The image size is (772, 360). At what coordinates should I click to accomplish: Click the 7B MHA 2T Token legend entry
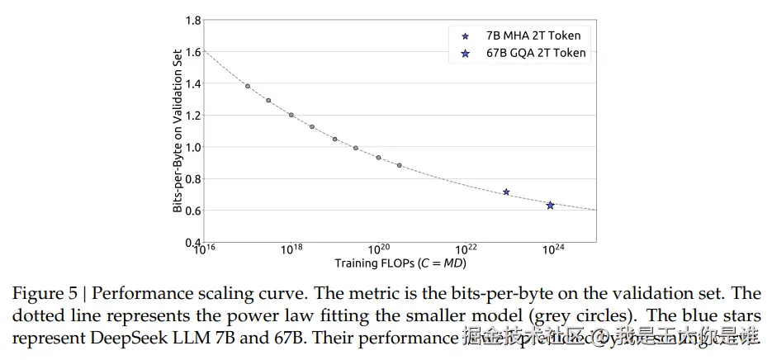(533, 36)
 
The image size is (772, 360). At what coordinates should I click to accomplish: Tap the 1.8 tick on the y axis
(188, 21)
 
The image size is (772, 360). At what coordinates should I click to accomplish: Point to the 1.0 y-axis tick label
(188, 147)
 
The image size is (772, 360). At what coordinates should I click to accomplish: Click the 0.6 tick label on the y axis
(188, 211)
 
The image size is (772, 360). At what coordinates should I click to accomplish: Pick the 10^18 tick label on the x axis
(291, 249)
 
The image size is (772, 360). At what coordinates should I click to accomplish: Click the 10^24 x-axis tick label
(553, 249)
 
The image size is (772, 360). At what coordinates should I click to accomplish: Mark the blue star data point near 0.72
(506, 192)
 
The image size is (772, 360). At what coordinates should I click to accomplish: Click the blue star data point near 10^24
(550, 205)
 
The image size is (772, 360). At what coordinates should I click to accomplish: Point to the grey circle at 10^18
(291, 115)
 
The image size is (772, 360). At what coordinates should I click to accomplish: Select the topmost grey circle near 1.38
(248, 86)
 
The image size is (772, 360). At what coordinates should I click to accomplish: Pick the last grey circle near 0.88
(400, 165)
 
